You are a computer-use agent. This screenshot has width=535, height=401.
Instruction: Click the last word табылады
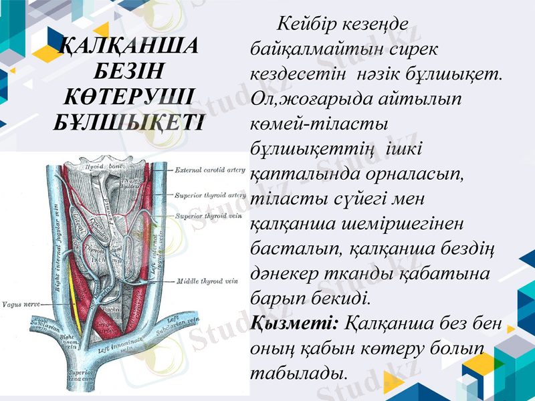tap(298, 373)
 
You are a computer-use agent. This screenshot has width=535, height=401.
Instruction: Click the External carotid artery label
tap(209, 170)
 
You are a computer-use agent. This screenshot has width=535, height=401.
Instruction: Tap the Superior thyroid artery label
tap(210, 196)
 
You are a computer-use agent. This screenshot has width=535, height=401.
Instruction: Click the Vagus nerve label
tap(20, 304)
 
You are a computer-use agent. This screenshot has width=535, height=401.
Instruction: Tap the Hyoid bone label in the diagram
tap(105, 166)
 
